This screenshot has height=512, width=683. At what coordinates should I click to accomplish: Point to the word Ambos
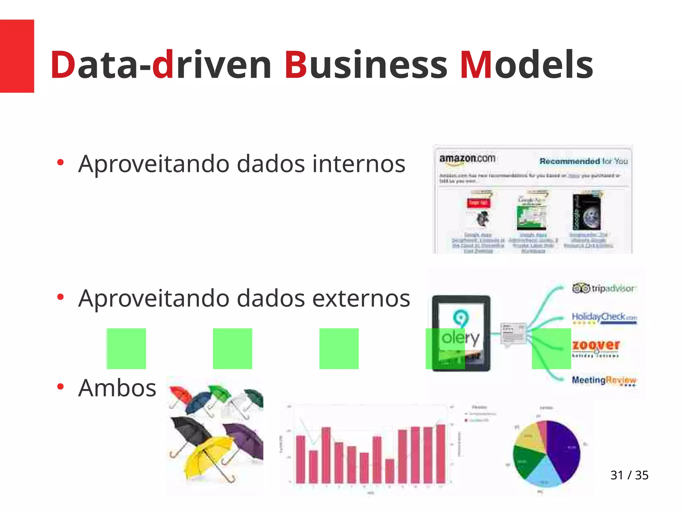(x=117, y=388)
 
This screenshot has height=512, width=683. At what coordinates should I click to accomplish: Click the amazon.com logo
(x=467, y=159)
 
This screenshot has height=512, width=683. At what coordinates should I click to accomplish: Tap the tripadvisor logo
(x=604, y=288)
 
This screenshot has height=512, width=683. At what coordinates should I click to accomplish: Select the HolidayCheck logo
(x=604, y=317)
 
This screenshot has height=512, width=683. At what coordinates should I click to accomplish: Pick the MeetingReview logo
(x=604, y=380)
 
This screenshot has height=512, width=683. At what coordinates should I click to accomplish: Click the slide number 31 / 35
(x=629, y=475)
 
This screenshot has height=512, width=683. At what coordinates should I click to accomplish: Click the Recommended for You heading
(x=583, y=161)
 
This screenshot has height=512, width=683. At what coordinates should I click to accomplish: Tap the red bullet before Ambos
(x=60, y=387)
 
